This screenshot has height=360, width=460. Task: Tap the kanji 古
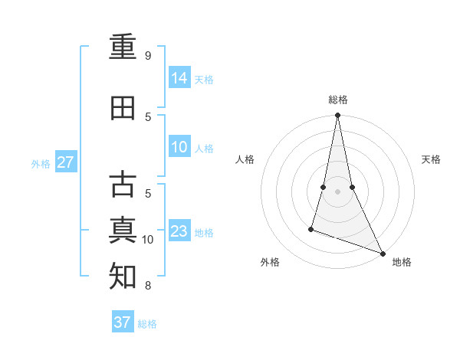coord(123,185)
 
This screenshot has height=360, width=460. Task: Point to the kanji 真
coord(123,231)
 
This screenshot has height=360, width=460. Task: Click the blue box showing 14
coord(179,78)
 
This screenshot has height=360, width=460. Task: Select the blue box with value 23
coord(179,231)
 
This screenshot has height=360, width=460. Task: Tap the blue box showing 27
coord(66,162)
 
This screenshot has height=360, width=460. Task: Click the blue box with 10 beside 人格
coord(179,147)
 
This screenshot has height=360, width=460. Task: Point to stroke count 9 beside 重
coord(148,56)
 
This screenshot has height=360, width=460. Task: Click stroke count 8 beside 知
coord(148,286)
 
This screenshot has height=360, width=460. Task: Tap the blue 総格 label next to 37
coord(147,324)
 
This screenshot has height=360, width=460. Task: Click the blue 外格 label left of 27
coord(41,163)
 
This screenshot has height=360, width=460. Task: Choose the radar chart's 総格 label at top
coord(337,100)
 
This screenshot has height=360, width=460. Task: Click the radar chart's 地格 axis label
coord(402,262)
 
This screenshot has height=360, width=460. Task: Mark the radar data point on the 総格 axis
coord(337,116)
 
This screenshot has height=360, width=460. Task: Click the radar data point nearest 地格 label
coord(382,254)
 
